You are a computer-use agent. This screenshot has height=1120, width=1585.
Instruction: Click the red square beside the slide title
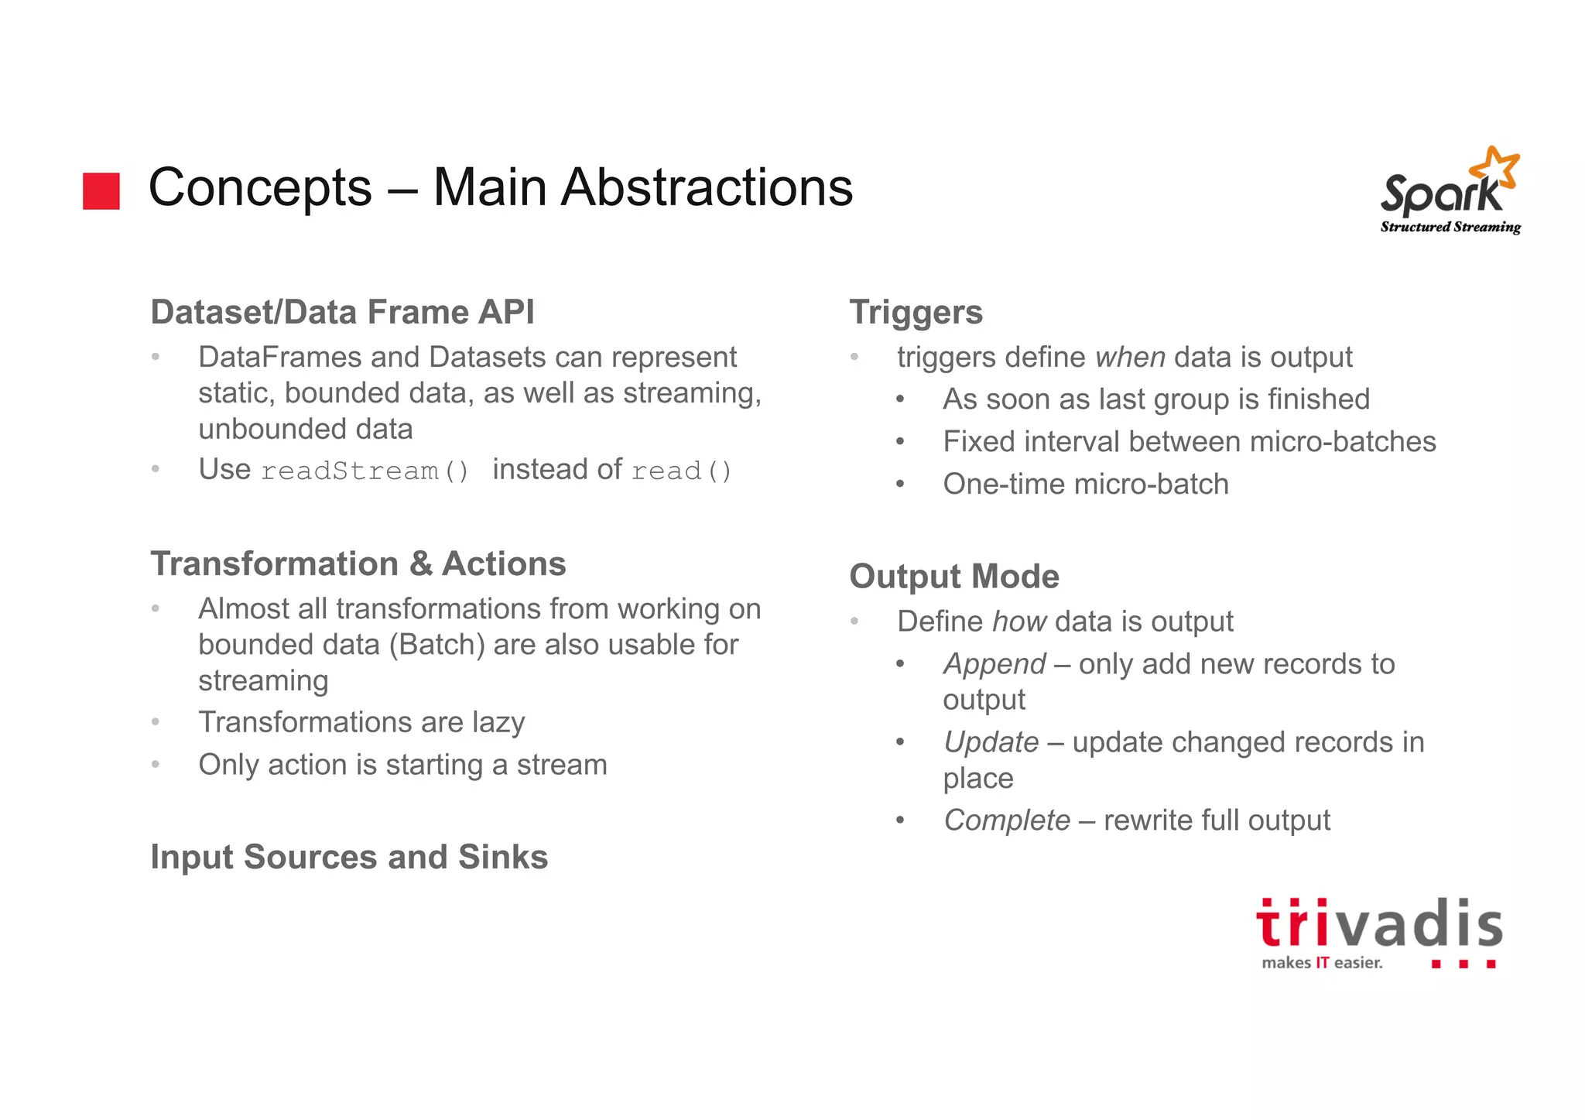click(101, 191)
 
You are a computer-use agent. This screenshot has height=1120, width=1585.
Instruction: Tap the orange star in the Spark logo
click(1494, 166)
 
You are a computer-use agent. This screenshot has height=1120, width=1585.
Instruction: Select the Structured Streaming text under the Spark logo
click(1450, 227)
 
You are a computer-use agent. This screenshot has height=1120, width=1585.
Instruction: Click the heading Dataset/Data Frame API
click(342, 313)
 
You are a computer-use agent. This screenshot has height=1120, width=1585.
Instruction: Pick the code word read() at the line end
click(681, 471)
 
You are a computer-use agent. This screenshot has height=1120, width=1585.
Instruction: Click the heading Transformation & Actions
click(358, 564)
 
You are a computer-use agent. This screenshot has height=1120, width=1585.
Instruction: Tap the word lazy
click(498, 722)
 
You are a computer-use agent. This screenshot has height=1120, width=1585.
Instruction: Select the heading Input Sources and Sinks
click(349, 858)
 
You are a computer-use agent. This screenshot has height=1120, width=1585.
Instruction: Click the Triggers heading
click(916, 313)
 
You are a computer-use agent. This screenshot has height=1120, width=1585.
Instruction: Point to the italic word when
click(1130, 358)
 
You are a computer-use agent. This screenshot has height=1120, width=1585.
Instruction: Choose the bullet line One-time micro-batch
click(1085, 485)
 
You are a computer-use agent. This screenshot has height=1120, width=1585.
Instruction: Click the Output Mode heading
click(954, 577)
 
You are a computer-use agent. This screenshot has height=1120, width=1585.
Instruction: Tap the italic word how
click(1019, 622)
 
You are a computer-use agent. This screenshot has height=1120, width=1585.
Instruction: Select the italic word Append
click(994, 664)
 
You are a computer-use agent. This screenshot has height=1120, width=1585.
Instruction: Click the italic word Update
click(991, 742)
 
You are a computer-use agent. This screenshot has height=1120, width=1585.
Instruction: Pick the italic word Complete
click(1007, 820)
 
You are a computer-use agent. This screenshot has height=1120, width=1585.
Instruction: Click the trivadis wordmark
click(1378, 925)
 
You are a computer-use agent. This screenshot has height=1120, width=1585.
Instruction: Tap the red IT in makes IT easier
click(1322, 963)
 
